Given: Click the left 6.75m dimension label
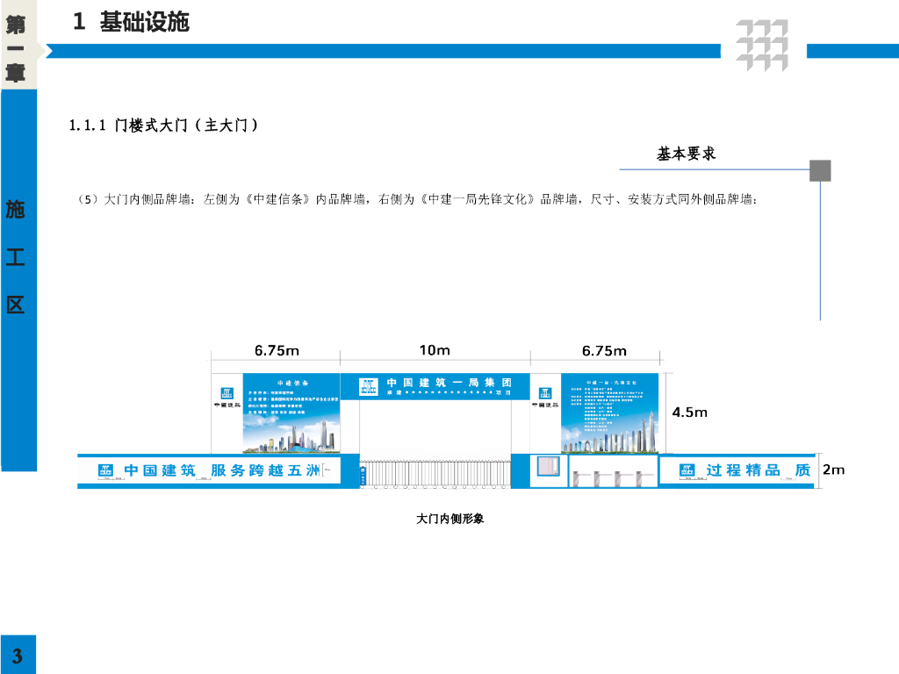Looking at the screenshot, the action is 277,351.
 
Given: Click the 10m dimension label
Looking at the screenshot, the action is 435,350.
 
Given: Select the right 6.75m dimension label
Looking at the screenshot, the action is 604,351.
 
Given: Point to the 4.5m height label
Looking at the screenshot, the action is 689,412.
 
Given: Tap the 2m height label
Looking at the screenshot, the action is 833,470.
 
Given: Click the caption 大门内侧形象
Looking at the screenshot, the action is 449,519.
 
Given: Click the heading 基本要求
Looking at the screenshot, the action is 687,154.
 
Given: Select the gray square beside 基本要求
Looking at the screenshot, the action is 820,170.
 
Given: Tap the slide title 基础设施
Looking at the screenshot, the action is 144,23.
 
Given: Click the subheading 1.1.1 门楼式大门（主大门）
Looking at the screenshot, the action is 163,125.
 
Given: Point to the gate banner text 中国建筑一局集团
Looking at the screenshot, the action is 449,384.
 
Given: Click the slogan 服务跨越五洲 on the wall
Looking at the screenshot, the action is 261,470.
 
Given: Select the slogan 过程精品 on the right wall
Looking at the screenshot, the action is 743,470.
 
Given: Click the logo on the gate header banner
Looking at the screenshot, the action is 369,386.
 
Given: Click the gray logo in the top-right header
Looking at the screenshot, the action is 761,45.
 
